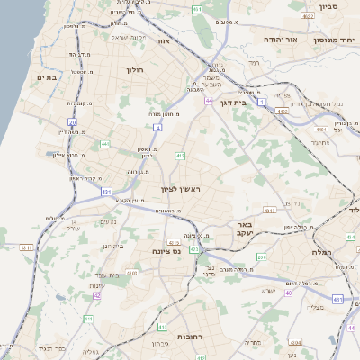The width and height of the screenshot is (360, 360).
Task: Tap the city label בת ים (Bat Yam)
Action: pyautogui.click(x=47, y=77)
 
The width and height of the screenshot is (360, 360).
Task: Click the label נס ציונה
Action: pyautogui.click(x=166, y=250)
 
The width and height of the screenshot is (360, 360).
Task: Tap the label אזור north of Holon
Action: pyautogui.click(x=163, y=41)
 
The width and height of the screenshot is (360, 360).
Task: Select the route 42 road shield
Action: pyautogui.click(x=97, y=294)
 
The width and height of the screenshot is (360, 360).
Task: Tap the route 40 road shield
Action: pyautogui.click(x=289, y=293)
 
